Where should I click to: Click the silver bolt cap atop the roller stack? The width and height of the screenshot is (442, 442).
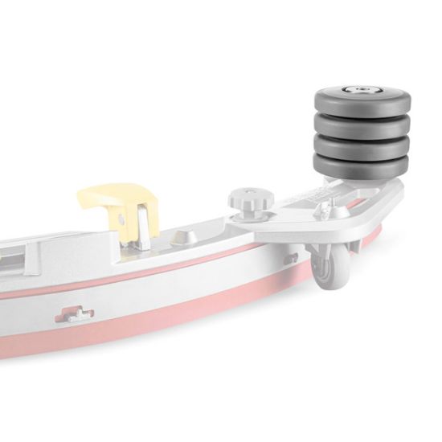pyautogui.click(x=356, y=89)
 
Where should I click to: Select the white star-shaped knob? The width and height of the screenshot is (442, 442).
pyautogui.click(x=245, y=198)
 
